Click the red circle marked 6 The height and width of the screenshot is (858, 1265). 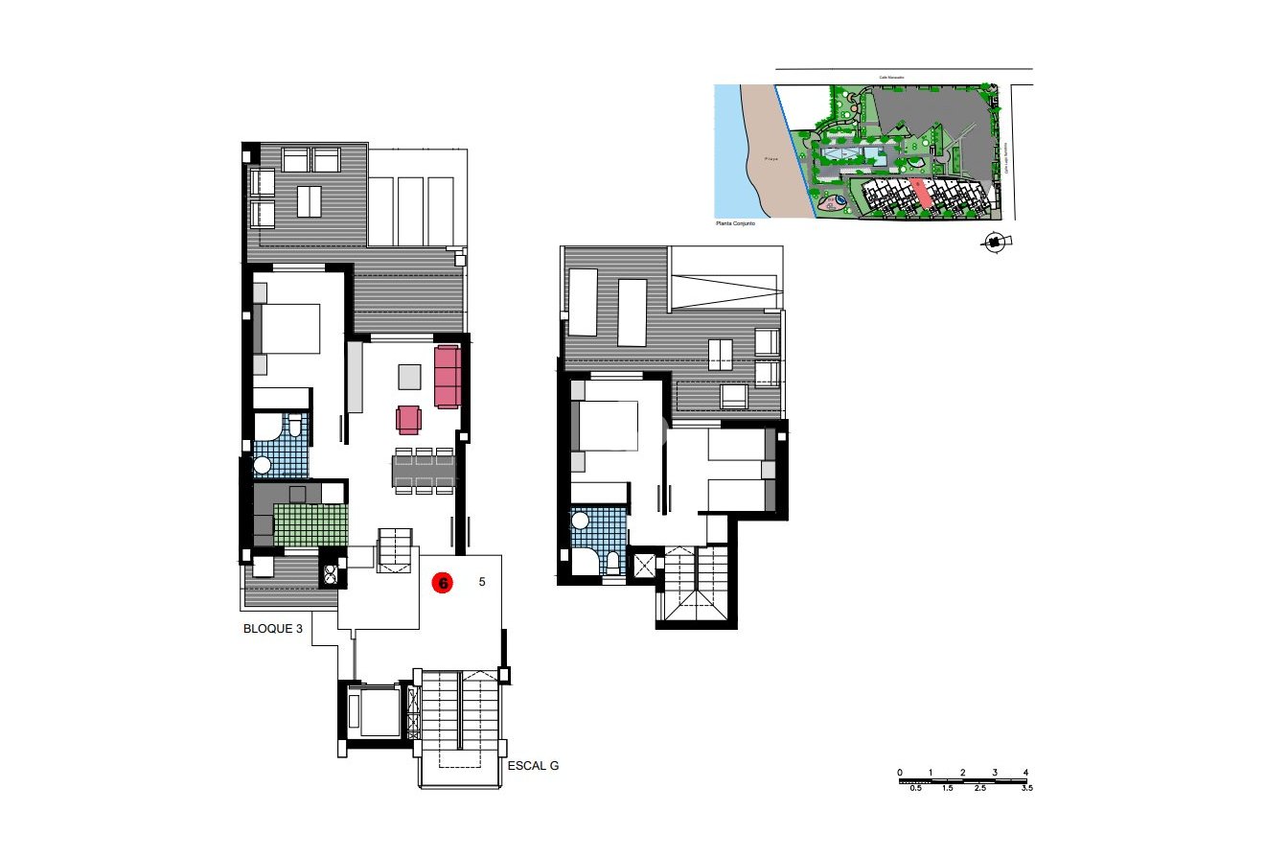coord(443,582)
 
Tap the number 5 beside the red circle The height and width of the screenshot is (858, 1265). coord(482,581)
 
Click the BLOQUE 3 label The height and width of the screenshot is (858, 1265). coord(272,630)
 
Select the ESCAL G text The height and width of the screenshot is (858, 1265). coord(532,766)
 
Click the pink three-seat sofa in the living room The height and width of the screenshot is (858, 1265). coord(448,376)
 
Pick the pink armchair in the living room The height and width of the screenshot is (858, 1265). coord(409,419)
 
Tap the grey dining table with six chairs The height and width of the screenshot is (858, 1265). coord(423,471)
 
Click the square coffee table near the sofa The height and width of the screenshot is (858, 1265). coord(409,377)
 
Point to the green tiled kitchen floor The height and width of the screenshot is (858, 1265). coord(310,524)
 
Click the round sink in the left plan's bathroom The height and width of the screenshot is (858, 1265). coord(263,465)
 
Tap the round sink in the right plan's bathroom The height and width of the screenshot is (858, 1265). coord(579,521)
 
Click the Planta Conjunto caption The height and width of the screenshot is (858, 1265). coord(736,222)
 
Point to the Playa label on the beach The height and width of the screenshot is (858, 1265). coord(768,160)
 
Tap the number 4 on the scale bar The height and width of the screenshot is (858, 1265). coord(1025,773)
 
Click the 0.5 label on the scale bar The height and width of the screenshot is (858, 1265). coord(915,788)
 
